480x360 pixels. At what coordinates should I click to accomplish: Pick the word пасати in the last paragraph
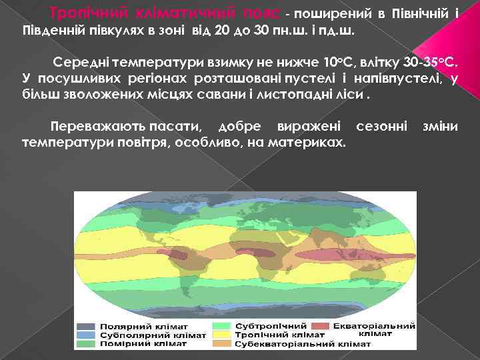173,126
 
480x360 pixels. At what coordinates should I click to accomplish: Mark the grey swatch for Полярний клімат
87,327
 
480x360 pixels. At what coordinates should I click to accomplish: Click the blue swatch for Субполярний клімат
87,335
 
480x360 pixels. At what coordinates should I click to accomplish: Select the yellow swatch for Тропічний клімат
223,335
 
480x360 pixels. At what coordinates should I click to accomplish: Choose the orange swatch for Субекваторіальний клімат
223,344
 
